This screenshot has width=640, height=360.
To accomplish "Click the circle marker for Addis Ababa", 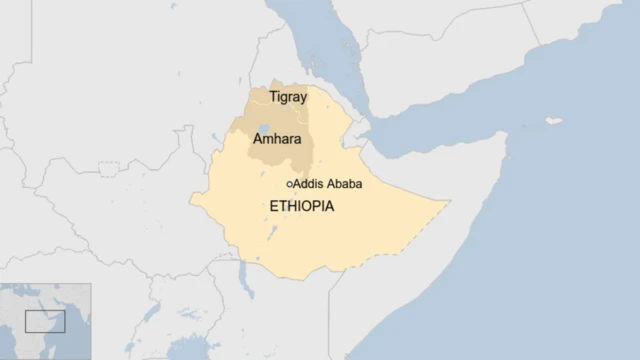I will point(289,184).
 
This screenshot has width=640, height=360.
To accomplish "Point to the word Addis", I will point(308,184).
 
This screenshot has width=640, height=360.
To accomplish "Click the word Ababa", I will point(343,184).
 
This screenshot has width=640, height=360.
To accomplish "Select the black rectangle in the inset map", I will point(44,321).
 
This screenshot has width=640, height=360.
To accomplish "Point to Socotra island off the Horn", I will point(553,121).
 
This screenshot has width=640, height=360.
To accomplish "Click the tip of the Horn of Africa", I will point(506,135).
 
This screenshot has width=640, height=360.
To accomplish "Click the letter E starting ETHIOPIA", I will point(274,206).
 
